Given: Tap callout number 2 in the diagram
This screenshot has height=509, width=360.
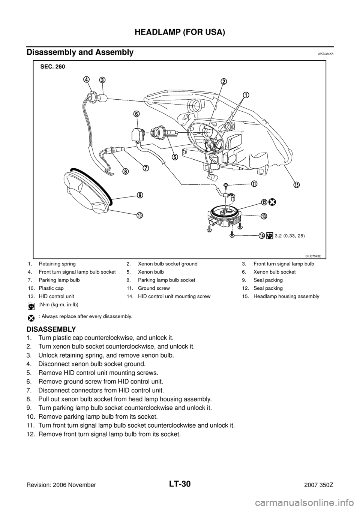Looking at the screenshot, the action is point(223,82).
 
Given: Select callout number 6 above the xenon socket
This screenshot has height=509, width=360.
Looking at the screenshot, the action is point(136,114).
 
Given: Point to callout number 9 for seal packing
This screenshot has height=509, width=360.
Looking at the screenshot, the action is point(140,195).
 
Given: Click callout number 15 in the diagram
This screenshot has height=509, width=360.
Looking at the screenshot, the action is point(296,185).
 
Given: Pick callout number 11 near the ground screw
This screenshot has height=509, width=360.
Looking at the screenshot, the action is point(254,184).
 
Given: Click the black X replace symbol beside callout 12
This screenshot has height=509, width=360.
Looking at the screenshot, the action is point(272,202).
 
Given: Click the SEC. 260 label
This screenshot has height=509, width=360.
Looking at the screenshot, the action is point(52,67).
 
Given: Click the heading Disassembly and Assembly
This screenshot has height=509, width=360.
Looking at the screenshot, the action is point(80,52).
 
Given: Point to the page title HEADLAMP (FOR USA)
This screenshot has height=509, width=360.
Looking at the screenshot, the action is point(180,33).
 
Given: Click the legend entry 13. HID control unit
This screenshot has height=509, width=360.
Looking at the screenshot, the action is point(50,296).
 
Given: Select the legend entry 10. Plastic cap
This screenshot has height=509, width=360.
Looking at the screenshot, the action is point(45,288).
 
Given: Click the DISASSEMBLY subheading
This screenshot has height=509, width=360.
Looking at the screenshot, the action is point(51,329).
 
